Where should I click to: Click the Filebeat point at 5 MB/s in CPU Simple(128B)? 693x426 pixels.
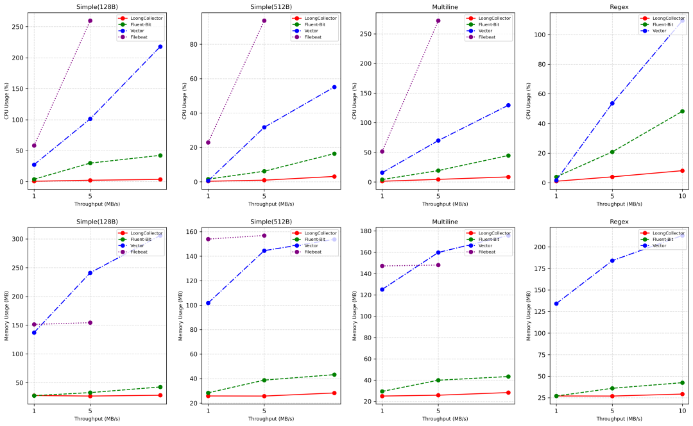tap(90, 20)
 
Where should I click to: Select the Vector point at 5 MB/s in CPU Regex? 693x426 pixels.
tap(612, 103)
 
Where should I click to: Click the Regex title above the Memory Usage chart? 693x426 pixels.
tap(619, 222)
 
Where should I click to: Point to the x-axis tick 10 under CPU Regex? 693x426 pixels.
tap(682, 195)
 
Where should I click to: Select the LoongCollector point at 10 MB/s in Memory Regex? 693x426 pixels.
tap(682, 394)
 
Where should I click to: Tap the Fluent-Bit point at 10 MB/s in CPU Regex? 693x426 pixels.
tap(682, 111)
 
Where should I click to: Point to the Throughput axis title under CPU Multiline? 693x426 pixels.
tap(445, 204)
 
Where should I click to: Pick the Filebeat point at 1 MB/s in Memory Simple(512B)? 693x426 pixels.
tap(208, 239)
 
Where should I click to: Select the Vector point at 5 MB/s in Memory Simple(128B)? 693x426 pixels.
tap(90, 273)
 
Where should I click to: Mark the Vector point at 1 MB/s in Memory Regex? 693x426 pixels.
tap(556, 304)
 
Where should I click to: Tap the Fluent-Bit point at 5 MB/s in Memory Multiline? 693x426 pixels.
tap(438, 381)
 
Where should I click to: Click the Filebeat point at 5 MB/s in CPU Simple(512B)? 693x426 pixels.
tap(264, 20)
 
